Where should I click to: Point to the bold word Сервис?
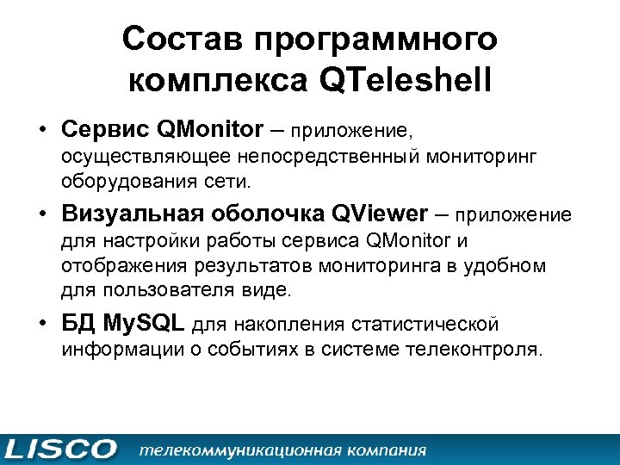pos(107,130)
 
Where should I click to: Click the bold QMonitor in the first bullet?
pos(211,130)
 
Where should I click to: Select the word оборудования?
pos(121,182)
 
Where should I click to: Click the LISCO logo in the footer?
pos(60,449)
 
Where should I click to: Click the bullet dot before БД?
pos(42,325)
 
